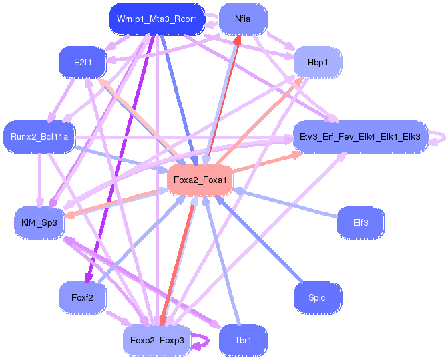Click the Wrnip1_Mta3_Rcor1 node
pyautogui.click(x=156, y=19)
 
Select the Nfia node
pyautogui.click(x=243, y=19)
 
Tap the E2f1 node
pyautogui.click(x=83, y=62)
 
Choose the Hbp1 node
pyautogui.click(x=317, y=62)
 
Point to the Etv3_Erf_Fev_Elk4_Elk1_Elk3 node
pyautogui.click(x=360, y=137)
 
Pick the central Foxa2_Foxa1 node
pyautogui.click(x=200, y=180)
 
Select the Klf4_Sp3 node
pyautogui.click(x=39, y=222)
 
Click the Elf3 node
pyautogui.click(x=361, y=222)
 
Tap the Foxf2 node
pyautogui.click(x=83, y=297)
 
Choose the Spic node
pyautogui.click(x=317, y=297)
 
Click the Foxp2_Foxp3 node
pyautogui.click(x=157, y=340)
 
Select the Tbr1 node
pyautogui.click(x=243, y=340)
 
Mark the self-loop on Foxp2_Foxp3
pyautogui.click(x=203, y=341)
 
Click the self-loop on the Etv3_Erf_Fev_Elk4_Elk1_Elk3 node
pyautogui.click(x=439, y=137)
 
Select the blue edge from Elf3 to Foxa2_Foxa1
pyautogui.click(x=287, y=202)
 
